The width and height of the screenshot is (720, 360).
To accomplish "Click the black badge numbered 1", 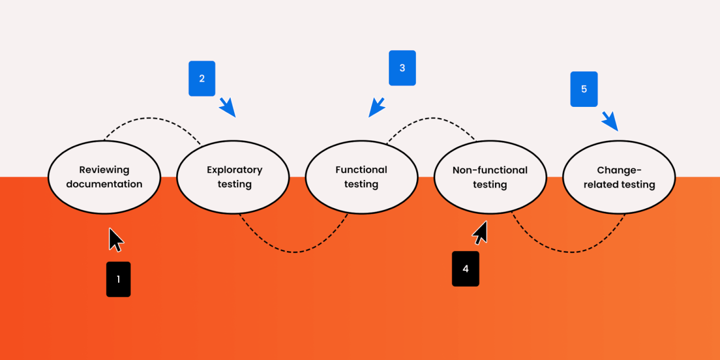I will coord(118,279).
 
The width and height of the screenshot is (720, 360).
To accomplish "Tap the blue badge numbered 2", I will coord(202,78).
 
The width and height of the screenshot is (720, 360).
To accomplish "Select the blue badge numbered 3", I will coord(402,68).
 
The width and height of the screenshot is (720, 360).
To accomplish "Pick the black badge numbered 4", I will coord(465,269).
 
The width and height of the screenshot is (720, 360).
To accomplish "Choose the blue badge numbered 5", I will coord(584,89).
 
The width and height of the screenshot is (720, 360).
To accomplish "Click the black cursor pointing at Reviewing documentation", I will coord(115,240).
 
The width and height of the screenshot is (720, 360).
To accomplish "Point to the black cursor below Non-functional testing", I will coord(480,233).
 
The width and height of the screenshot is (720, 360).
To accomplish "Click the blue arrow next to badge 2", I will coord(227,108).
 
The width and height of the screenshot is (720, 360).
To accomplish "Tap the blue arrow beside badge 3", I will coord(376,108).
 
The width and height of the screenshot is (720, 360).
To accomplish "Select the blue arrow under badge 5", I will coord(610,121).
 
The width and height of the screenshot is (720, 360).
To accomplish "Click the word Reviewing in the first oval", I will coord(104,170).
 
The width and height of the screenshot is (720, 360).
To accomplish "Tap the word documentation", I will coord(104,184).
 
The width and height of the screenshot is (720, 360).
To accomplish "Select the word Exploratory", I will coord(234,170).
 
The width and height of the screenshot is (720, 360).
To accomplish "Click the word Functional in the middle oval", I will coord(361,170).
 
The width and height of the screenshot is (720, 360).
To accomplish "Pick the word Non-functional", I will coord(490,170).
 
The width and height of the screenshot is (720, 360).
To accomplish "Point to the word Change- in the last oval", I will coord(619,170).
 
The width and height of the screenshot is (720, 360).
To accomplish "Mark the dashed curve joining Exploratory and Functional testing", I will coord(294,252).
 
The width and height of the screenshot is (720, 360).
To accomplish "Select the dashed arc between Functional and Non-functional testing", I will coord(431,118).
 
